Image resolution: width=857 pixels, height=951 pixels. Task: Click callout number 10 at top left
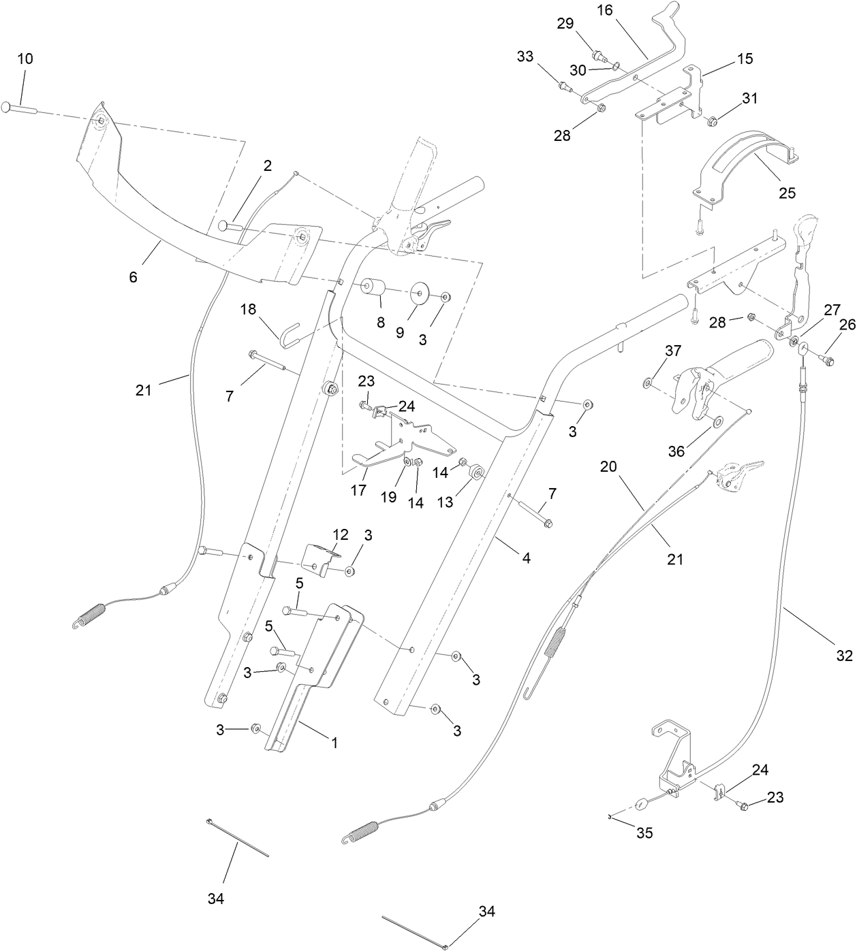click(x=25, y=59)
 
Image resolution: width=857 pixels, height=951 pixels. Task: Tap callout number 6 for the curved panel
click(x=133, y=277)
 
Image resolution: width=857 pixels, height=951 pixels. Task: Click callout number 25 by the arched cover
click(x=787, y=193)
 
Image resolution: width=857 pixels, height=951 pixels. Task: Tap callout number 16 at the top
click(x=605, y=11)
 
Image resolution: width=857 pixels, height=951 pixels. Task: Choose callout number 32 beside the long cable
click(x=844, y=656)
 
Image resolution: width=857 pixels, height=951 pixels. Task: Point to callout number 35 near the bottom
click(x=644, y=832)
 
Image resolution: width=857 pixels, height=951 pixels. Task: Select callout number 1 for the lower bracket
click(x=334, y=743)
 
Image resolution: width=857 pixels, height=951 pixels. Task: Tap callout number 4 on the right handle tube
click(x=526, y=558)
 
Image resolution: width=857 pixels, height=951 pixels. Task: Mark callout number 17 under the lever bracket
click(x=358, y=490)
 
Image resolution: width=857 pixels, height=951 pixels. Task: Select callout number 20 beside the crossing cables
click(x=608, y=466)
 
